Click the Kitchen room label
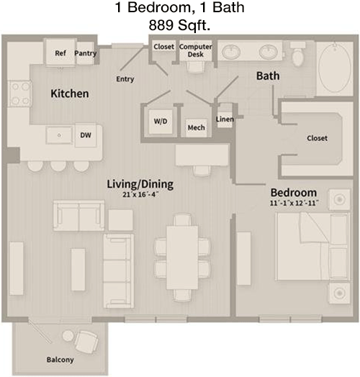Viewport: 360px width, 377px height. click(x=70, y=94)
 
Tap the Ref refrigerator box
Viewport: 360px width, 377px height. click(x=60, y=52)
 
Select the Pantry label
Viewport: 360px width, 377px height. click(x=86, y=53)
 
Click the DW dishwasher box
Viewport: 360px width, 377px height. click(x=86, y=135)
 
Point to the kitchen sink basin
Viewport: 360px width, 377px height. click(x=59, y=135)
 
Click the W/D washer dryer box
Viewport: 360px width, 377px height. click(x=161, y=122)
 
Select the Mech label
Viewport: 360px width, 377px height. click(x=196, y=127)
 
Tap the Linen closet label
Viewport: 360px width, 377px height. click(x=225, y=119)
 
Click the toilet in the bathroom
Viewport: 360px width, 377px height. click(x=298, y=55)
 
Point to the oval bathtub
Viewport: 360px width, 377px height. click(x=335, y=68)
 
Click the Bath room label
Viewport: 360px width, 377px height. click(x=268, y=76)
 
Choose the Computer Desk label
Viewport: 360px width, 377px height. click(x=196, y=50)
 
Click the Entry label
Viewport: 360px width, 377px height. click(x=125, y=79)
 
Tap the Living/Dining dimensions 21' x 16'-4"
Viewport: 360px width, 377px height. click(x=140, y=194)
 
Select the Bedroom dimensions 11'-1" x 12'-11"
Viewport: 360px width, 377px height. click(x=294, y=203)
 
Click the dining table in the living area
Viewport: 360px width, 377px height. click(x=182, y=258)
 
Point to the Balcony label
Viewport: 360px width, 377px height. click(x=60, y=360)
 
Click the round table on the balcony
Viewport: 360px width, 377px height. click(x=68, y=336)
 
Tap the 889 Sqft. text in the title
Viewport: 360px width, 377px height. click(x=179, y=25)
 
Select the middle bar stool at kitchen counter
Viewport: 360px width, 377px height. click(x=58, y=166)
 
